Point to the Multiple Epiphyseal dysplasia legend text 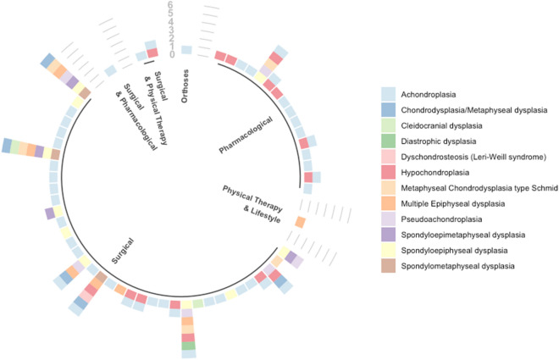(x=461, y=203)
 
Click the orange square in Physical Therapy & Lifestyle (x=300, y=222)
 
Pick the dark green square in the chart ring (x=188, y=345)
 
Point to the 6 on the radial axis (x=170, y=7)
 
